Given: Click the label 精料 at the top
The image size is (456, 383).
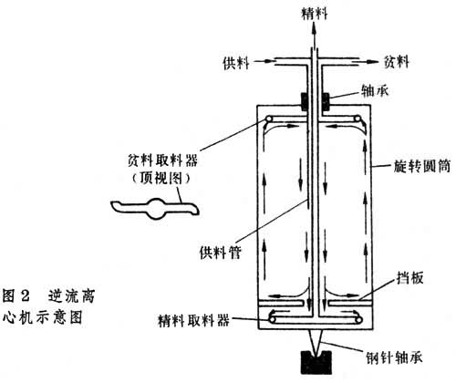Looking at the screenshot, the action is pos(315,14).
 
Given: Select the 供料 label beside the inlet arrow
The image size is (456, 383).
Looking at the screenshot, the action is pos(236,63).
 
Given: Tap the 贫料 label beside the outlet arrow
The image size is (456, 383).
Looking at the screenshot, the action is pos(397,61).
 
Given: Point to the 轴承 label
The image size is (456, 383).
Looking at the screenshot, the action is pos(375,90).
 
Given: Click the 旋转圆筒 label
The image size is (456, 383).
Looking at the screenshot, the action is pos(421,166).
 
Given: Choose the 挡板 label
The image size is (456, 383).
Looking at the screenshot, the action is pos(409,277).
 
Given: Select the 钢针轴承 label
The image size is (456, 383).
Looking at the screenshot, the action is pos(394,357).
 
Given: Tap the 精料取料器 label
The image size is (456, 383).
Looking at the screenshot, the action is pos(193,320).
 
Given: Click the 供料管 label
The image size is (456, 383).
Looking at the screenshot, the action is pos(221,252).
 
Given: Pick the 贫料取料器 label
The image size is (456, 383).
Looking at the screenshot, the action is pos(162,160).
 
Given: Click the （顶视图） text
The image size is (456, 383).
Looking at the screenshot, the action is pos(161,178).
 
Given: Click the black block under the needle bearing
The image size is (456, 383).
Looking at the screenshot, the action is pos(316,362).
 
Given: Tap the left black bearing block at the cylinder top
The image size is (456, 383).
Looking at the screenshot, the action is pos(305,102).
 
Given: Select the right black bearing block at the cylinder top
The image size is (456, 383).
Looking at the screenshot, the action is pos(326,102).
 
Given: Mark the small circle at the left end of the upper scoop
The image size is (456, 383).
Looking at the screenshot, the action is pos(269,119).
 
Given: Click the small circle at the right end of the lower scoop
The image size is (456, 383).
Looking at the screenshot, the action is pos(359,320).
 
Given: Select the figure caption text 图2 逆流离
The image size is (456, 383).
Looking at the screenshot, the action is pos(49,295).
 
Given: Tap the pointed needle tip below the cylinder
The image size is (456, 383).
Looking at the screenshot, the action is pos(316,353).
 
